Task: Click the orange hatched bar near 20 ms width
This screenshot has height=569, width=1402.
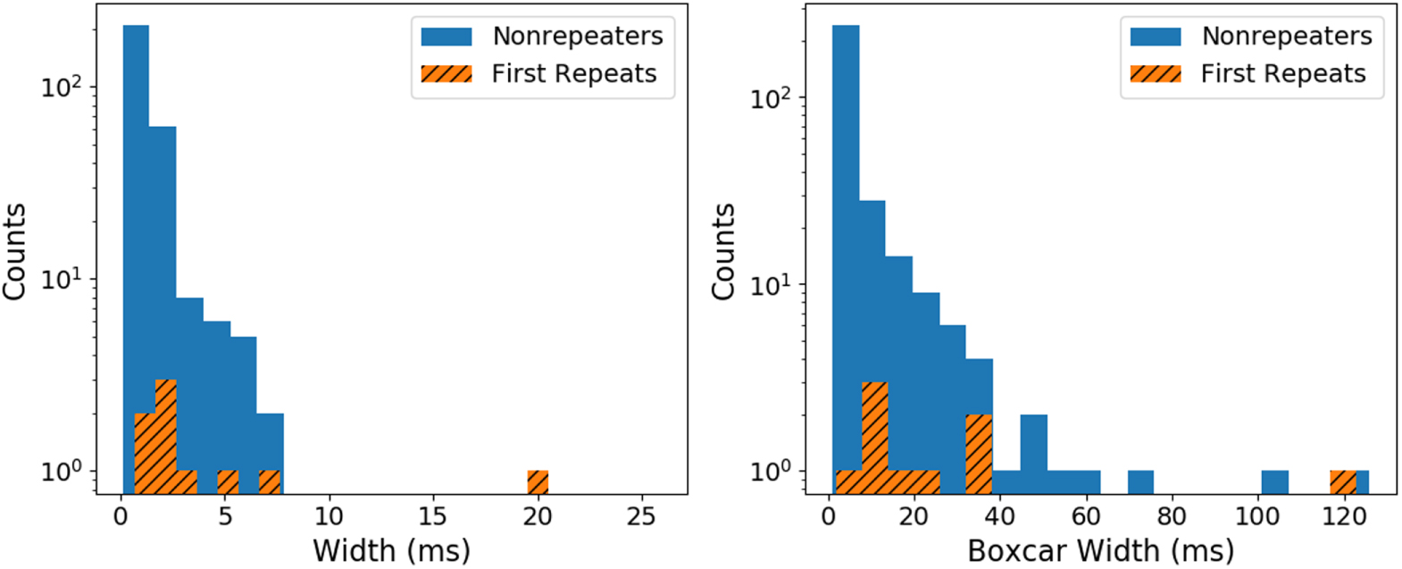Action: (x=537, y=482)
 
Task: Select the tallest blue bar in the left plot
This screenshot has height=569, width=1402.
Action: (x=136, y=259)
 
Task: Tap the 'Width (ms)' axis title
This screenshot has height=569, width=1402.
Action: (x=391, y=549)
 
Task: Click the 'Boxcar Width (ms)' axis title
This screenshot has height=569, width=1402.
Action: (x=1100, y=549)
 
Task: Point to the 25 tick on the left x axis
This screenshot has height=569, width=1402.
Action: (x=641, y=515)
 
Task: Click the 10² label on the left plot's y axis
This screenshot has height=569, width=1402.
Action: (x=61, y=87)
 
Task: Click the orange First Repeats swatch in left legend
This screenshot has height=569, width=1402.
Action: (x=446, y=74)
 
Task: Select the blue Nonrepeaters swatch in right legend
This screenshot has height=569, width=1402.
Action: (x=1156, y=36)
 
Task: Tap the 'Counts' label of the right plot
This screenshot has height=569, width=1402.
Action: (x=723, y=251)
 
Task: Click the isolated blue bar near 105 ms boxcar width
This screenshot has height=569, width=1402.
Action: (x=1274, y=482)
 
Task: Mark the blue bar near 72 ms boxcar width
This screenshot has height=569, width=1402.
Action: (x=1140, y=482)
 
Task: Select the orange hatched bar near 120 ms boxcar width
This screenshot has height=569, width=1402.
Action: (x=1343, y=482)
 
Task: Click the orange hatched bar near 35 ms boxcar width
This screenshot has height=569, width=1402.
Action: (x=979, y=454)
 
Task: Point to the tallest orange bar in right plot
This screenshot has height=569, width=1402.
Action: (x=875, y=438)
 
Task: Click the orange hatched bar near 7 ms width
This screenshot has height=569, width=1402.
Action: (x=270, y=482)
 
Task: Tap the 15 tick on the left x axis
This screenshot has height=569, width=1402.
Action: (x=433, y=515)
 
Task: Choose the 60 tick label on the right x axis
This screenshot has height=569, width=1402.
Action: (x=1086, y=515)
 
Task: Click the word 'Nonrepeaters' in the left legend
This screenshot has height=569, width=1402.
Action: (x=578, y=36)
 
